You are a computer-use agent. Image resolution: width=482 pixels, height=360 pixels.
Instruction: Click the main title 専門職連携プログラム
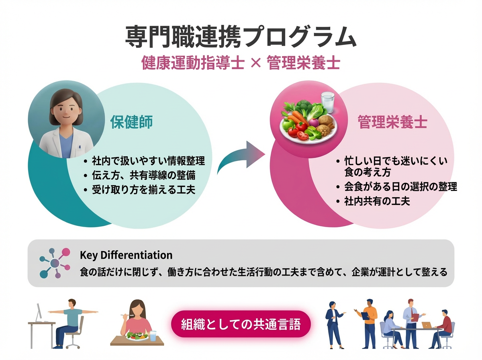click(x=241, y=38)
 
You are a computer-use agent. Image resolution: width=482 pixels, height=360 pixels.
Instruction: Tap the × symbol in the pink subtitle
click(x=255, y=63)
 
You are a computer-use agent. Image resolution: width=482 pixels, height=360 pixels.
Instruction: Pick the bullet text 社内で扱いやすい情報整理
click(x=148, y=161)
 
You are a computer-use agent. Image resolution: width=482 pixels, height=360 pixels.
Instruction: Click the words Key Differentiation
click(x=126, y=255)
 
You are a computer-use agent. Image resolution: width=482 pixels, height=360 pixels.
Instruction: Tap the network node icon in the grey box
click(x=55, y=263)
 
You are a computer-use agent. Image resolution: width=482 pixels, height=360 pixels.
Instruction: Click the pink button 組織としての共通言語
click(x=241, y=324)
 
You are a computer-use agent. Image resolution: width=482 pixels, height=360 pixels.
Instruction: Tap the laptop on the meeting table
click(x=426, y=325)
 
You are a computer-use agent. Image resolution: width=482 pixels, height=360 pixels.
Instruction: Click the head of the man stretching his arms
click(x=72, y=303)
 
